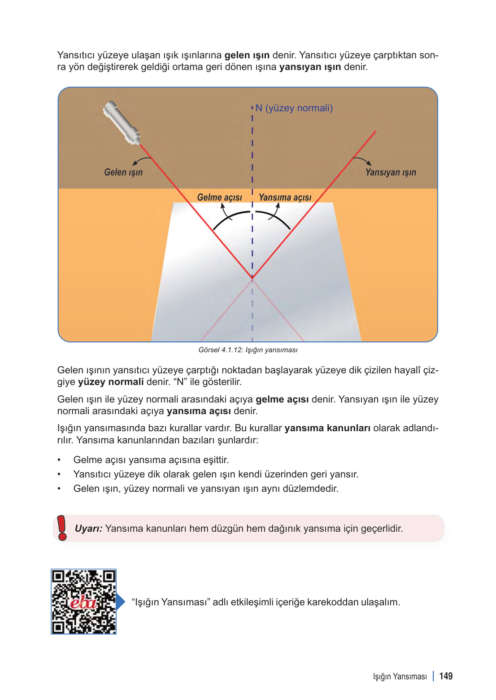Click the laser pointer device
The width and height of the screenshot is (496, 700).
pyautogui.click(x=121, y=122)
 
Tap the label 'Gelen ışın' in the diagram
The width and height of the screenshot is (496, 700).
pyautogui.click(x=123, y=172)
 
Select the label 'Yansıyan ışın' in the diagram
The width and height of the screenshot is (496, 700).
pyautogui.click(x=390, y=172)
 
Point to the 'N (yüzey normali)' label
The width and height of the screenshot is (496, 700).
pyautogui.click(x=294, y=108)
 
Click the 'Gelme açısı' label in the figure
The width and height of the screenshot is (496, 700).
pyautogui.click(x=219, y=197)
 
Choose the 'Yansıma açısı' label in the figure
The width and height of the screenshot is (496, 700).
pyautogui.click(x=285, y=197)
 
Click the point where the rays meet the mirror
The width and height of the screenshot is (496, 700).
pyautogui.click(x=252, y=279)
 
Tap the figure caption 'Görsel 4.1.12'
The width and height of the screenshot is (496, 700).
pyautogui.click(x=248, y=350)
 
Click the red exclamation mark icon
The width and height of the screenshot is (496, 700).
pyautogui.click(x=62, y=528)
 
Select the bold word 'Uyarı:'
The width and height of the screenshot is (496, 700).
pyautogui.click(x=88, y=529)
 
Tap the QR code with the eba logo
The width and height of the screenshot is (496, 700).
pyautogui.click(x=83, y=602)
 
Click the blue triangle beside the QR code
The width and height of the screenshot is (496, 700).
pyautogui.click(x=120, y=602)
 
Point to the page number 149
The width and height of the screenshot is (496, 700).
pyautogui.click(x=446, y=676)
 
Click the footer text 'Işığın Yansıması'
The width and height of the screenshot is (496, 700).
pyautogui.click(x=400, y=677)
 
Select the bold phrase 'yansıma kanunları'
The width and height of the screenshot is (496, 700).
pyautogui.click(x=327, y=428)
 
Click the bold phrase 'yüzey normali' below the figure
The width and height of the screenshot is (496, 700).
pyautogui.click(x=111, y=382)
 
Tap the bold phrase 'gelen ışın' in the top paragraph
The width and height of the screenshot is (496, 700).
pyautogui.click(x=247, y=55)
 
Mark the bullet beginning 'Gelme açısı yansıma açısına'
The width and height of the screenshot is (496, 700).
pyautogui.click(x=151, y=460)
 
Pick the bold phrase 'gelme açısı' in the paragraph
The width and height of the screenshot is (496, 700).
pyautogui.click(x=282, y=399)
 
